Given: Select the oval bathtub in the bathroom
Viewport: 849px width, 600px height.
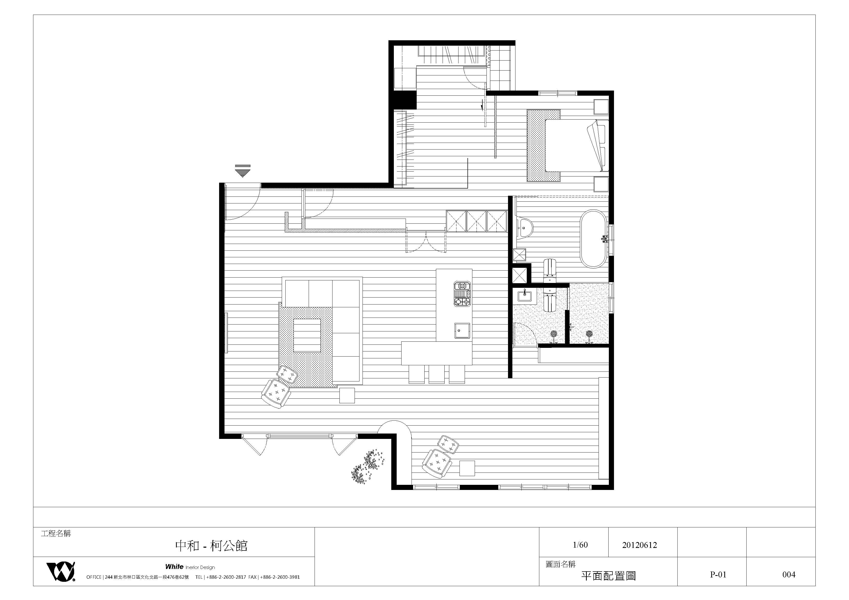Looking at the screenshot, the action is pos(593,239).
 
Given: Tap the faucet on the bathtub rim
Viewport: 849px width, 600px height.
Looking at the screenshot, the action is pos(604,238).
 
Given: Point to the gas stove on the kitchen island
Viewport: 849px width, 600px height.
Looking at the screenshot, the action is pos(462,294).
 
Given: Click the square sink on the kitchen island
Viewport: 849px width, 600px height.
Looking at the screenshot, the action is pos(462,330).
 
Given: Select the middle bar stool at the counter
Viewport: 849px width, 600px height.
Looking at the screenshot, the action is pos(437,374).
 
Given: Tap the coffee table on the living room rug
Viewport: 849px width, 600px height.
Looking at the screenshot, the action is pos(307,335).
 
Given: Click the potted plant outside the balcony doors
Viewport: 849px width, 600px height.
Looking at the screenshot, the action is pos(368,467).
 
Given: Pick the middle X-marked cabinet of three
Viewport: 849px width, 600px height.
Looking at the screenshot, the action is pos(476,221).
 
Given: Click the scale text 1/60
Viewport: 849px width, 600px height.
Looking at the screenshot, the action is pos(580,545).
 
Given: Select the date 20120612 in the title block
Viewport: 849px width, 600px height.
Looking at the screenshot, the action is pos(639,545).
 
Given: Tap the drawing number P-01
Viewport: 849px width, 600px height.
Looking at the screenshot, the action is pos(718,575).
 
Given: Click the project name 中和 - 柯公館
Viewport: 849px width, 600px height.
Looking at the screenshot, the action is pos(211,546).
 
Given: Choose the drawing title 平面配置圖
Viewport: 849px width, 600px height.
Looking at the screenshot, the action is pos(608,576).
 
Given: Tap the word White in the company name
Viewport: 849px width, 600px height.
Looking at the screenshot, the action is pos(174,567).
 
